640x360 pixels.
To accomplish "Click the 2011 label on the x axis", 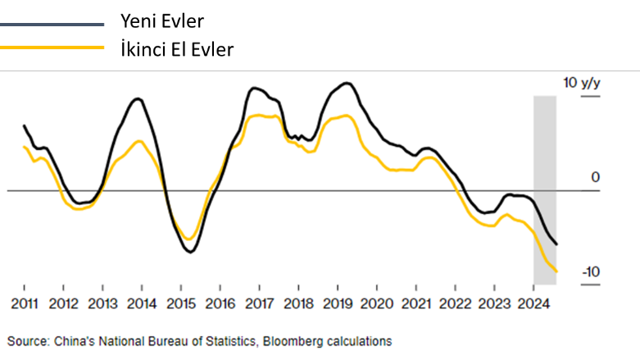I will click(24, 305).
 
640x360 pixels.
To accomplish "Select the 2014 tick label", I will click(142, 305).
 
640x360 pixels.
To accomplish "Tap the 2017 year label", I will click(259, 305).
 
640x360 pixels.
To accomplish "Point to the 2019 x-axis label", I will click(338, 305).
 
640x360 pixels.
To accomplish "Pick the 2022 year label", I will click(455, 305).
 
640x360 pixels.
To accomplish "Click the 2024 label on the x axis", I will click(533, 305).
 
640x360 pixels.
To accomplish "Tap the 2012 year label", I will click(63, 305).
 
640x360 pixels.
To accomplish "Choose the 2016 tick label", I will click(220, 305).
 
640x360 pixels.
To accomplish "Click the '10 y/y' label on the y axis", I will click(581, 84).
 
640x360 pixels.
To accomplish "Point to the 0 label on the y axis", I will click(596, 178).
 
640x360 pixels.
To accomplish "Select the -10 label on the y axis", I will click(591, 272).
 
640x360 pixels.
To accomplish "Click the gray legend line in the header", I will click(52, 25).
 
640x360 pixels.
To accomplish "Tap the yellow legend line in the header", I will click(52, 47).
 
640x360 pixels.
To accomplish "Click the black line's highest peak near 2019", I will click(347, 83).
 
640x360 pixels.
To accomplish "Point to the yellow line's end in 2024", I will click(557, 271).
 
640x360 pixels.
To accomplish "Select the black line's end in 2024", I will click(557, 244).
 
